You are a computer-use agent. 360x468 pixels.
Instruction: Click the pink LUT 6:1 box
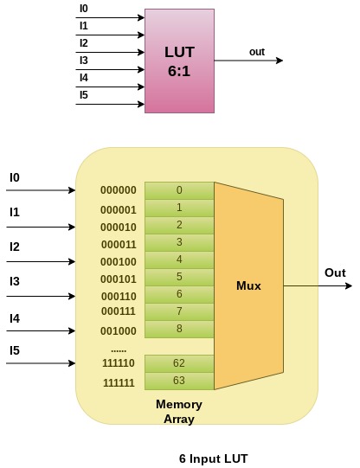click(x=179, y=61)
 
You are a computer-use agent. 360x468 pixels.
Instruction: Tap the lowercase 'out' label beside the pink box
click(x=257, y=52)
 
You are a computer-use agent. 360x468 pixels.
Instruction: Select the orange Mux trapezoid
click(x=248, y=285)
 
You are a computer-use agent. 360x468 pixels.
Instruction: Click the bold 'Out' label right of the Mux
click(x=335, y=272)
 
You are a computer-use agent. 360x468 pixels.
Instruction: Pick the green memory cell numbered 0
click(x=179, y=190)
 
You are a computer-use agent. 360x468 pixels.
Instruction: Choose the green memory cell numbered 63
click(x=179, y=381)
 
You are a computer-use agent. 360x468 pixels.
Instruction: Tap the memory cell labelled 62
click(x=179, y=363)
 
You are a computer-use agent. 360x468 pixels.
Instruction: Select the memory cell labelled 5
click(x=179, y=277)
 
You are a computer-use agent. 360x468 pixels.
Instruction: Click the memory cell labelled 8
click(x=179, y=329)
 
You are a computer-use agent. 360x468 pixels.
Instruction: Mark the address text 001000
click(x=118, y=330)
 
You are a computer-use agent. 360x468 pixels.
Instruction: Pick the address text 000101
click(x=118, y=279)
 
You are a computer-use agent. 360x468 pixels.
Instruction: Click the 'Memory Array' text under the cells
click(x=179, y=412)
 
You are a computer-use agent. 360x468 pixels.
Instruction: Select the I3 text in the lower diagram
click(x=15, y=281)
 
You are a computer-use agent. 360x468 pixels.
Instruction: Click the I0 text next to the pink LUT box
click(x=84, y=10)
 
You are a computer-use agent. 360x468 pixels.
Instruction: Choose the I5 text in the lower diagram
click(x=15, y=350)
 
